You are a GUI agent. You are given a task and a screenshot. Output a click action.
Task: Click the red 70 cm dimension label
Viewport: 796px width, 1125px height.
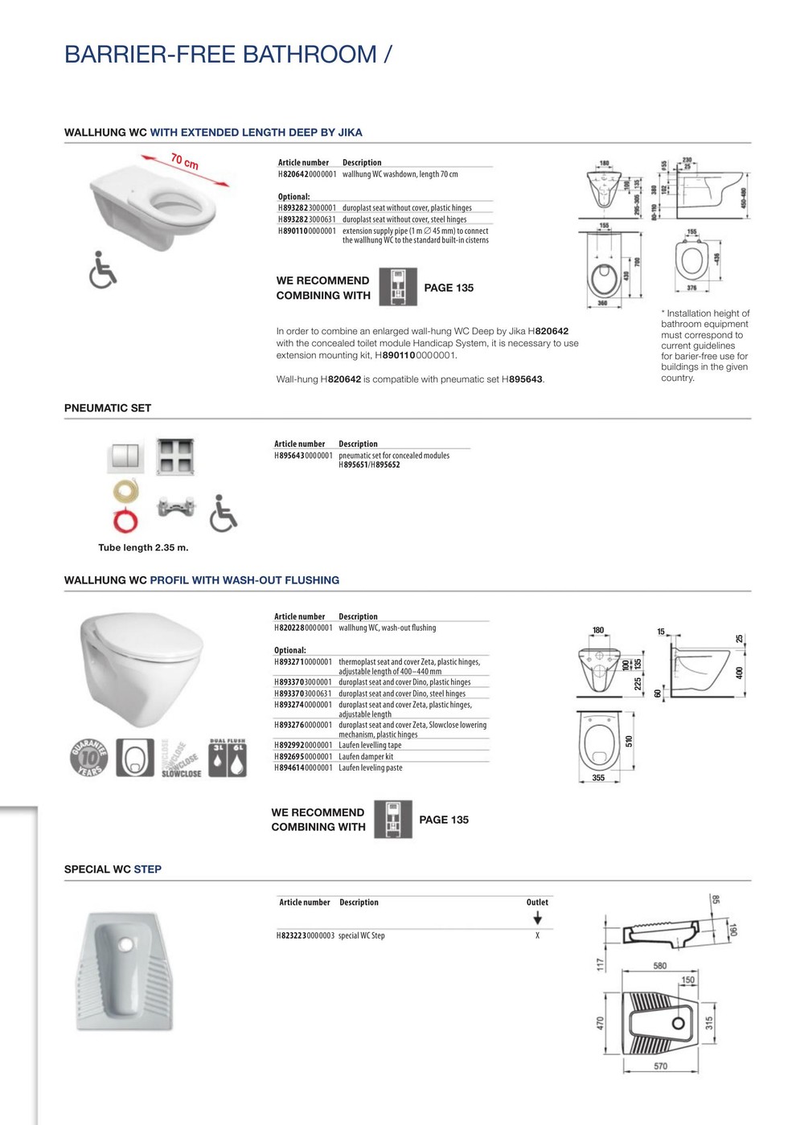coord(185,161)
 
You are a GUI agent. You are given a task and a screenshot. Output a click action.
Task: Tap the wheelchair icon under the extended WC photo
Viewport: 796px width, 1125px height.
coord(102,269)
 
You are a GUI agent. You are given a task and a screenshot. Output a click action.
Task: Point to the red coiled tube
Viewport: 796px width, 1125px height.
coord(125,520)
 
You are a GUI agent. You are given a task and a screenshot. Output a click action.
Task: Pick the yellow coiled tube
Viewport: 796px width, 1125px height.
coord(125,490)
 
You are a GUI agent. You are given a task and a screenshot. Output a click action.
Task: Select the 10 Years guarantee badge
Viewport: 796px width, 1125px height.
coord(89,758)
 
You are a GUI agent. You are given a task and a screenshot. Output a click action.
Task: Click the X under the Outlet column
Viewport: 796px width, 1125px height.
coord(537,935)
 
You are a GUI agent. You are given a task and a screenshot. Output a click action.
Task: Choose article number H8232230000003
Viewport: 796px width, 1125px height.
coord(306,935)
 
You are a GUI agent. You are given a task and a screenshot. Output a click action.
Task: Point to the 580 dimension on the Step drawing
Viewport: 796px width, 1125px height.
coord(659,966)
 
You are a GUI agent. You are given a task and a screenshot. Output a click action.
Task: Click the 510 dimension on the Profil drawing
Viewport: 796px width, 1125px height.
coord(630,741)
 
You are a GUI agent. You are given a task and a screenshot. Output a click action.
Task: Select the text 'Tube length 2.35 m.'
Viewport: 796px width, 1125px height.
coord(143,548)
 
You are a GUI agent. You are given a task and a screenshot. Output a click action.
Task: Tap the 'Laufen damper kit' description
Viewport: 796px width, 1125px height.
coord(366,756)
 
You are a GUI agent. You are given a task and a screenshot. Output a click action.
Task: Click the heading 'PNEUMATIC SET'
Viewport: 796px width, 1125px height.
coord(108,408)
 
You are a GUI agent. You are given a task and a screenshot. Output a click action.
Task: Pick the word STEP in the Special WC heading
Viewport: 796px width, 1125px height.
coord(147,869)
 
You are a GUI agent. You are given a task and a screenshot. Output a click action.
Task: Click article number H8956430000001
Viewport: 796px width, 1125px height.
coord(303,456)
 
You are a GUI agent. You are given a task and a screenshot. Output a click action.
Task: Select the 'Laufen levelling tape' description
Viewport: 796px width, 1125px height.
coord(370,745)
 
